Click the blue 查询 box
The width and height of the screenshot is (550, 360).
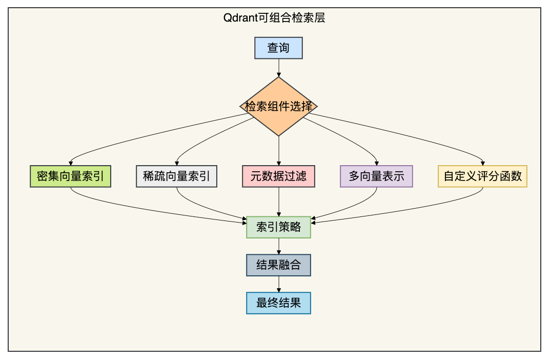(x=278, y=48)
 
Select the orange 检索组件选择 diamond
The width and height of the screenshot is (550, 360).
(x=278, y=106)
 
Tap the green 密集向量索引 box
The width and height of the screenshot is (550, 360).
(x=71, y=176)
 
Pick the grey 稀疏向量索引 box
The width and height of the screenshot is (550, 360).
(x=176, y=176)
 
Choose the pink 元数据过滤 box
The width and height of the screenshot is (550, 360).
(x=278, y=176)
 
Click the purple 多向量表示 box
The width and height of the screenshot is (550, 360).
(x=376, y=176)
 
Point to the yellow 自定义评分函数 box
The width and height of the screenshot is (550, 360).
(x=483, y=176)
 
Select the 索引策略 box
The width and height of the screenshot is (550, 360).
(x=278, y=227)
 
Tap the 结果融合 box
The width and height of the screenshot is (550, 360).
(x=278, y=265)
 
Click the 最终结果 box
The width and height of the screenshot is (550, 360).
(x=278, y=303)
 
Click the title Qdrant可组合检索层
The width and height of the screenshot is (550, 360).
(x=274, y=17)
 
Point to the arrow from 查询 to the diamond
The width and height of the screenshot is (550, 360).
(x=279, y=68)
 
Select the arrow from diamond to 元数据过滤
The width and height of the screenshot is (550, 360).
(x=279, y=151)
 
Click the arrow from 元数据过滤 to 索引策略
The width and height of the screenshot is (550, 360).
(x=279, y=202)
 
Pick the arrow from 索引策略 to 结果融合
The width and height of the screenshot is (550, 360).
(x=279, y=246)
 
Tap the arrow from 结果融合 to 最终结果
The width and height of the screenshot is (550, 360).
(x=279, y=284)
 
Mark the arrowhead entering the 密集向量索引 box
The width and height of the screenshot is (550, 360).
(x=71, y=163)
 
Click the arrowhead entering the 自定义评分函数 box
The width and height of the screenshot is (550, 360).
(x=483, y=163)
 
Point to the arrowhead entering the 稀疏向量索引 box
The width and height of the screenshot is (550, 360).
(x=177, y=163)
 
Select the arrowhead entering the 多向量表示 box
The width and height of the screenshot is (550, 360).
(x=377, y=163)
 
